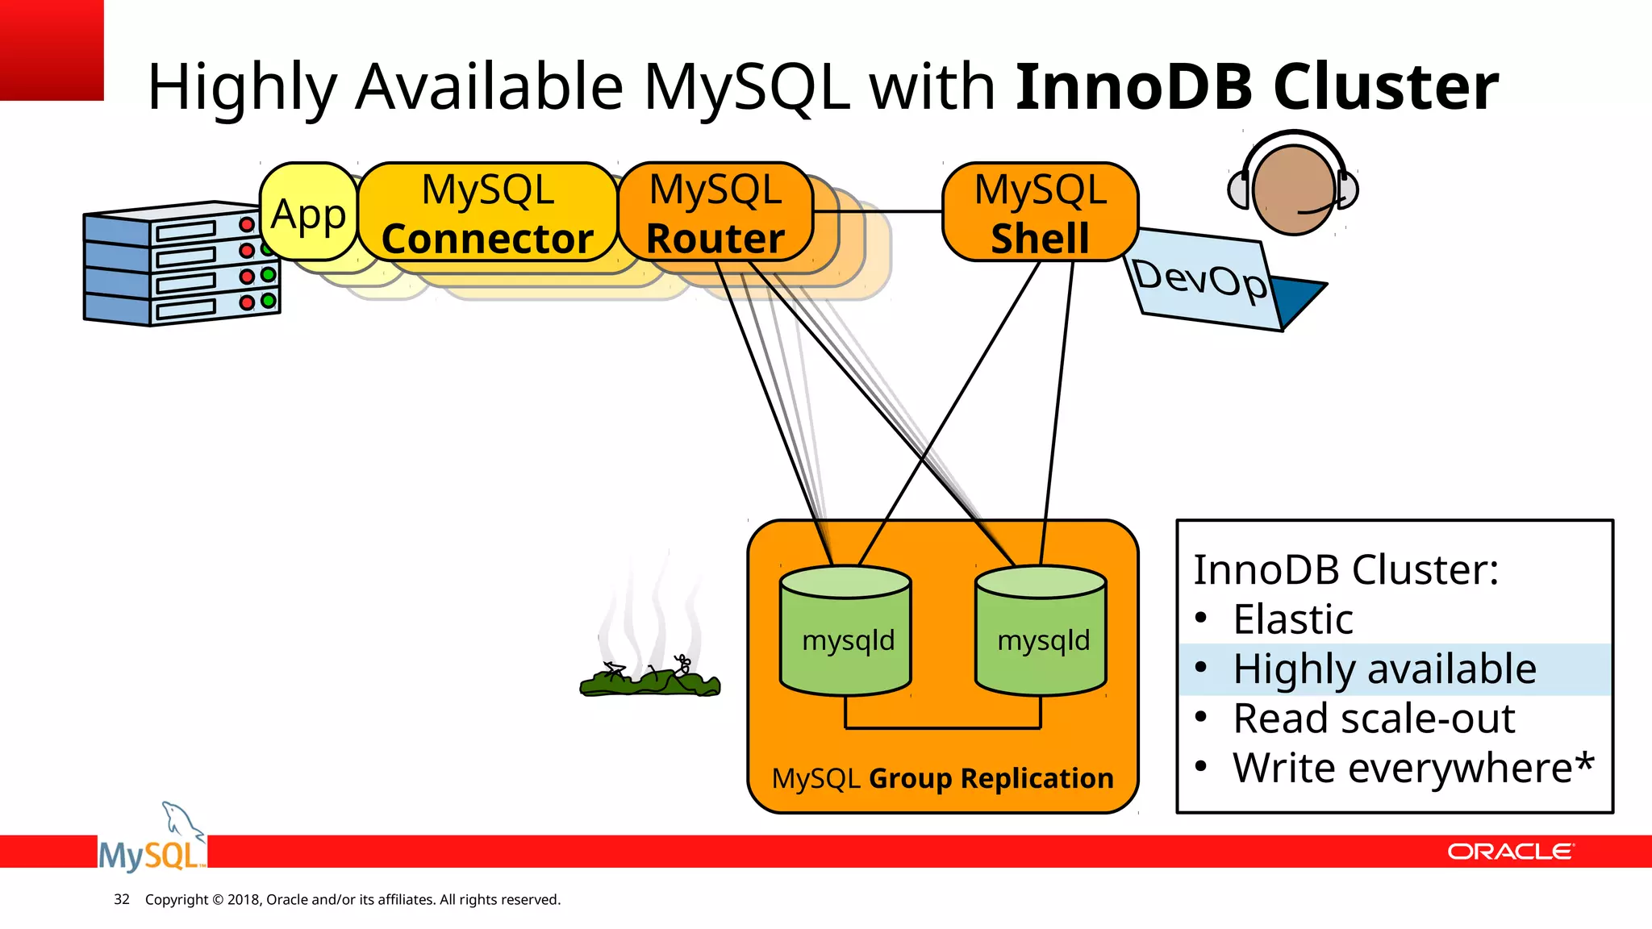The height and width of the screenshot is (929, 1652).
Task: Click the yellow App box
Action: [308, 213]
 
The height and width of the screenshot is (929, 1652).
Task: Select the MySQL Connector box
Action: [487, 213]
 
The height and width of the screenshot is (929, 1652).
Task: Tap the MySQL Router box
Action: [715, 213]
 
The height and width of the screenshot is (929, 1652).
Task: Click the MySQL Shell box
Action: [1040, 213]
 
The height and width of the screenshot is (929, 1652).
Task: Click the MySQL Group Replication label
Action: [942, 778]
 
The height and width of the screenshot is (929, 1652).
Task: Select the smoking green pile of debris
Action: [649, 681]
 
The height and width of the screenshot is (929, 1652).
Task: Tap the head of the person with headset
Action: [1293, 190]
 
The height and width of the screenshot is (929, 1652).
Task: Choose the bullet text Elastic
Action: [1292, 619]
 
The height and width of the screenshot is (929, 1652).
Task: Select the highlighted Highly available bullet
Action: [1384, 669]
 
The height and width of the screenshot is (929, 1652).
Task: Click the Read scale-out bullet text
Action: [1374, 719]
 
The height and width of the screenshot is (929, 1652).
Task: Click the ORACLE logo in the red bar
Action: [1509, 852]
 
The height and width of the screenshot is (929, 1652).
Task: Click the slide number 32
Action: [122, 899]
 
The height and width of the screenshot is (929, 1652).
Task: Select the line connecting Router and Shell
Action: [878, 211]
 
